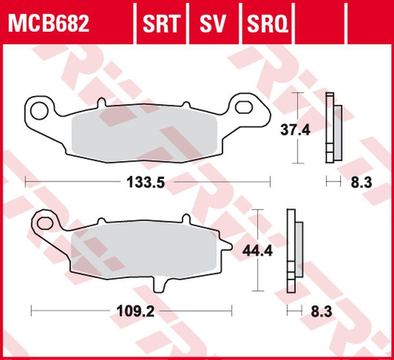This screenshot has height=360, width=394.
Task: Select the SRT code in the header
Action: tap(161, 24)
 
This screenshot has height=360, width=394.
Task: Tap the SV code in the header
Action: tap(213, 24)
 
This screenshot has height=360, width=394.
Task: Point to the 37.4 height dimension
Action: tap(295, 130)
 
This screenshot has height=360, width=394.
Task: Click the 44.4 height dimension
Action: tap(258, 251)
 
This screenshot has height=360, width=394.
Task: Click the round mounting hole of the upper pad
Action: tap(39, 110)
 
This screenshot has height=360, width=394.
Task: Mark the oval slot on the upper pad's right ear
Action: tap(245, 107)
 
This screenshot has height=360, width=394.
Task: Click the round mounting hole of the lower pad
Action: tap(44, 223)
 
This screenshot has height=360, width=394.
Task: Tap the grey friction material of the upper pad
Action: tap(144, 136)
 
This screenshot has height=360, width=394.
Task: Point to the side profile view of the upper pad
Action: tap(332, 128)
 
